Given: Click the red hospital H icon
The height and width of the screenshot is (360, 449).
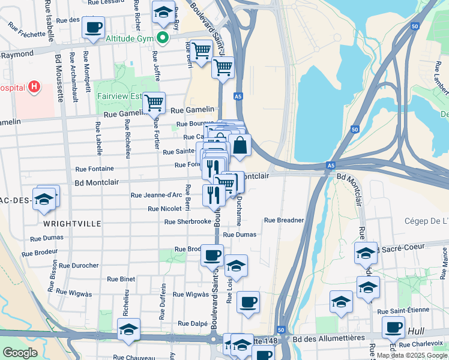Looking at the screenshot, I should coord(34,87).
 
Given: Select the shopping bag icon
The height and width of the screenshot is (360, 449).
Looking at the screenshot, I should coord(240,145).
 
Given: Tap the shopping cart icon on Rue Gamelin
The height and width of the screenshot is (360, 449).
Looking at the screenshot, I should coord(154,103).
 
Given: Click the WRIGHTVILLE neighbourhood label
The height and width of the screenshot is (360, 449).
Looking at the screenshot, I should coord(72,224).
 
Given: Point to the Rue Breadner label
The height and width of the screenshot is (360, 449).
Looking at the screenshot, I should coord(284,220).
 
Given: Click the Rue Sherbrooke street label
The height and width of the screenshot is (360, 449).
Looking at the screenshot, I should coord(188,221).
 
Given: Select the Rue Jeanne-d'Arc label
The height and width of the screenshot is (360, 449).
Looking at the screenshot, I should coord(156,195).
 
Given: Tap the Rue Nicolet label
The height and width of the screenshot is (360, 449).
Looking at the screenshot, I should coord(164,209).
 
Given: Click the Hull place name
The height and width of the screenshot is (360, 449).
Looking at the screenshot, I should coord(415,331).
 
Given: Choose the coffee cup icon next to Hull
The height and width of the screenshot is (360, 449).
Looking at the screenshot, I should coord(393,327).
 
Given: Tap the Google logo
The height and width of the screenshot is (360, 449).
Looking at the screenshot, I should coord(20,353).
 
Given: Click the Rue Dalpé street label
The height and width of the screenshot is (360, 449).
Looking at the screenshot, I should coord(192,323).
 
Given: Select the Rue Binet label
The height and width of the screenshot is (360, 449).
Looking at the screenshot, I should coord(121,279).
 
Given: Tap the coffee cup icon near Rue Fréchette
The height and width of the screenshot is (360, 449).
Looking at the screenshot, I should coord(94,27).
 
